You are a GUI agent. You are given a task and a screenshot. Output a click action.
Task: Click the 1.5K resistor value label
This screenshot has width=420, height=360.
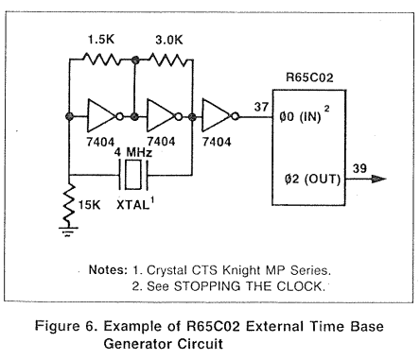tap(101, 40)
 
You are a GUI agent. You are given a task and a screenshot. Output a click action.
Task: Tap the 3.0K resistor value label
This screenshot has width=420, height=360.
tap(169, 40)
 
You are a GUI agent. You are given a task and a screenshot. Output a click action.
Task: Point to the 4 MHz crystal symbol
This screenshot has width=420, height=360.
tap(133, 175)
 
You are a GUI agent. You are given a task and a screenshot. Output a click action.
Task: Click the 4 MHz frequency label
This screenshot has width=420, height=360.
tap(133, 152)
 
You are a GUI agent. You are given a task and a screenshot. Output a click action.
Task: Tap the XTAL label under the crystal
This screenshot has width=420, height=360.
tap(133, 205)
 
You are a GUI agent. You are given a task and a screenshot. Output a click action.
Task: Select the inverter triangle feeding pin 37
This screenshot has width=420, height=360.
tap(218, 115)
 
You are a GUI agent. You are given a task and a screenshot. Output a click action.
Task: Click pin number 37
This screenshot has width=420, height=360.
tap(261, 107)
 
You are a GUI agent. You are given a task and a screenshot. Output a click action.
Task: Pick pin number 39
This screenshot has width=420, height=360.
tap(359, 168)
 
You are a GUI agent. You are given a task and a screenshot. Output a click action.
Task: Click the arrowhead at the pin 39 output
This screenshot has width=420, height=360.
tap(379, 180)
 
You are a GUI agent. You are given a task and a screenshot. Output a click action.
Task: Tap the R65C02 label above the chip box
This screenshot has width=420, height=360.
tap(309, 77)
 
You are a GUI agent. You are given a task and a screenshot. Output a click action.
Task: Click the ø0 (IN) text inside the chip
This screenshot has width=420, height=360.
tap(300, 117)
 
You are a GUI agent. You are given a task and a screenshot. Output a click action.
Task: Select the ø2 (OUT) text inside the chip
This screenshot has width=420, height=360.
tap(312, 180)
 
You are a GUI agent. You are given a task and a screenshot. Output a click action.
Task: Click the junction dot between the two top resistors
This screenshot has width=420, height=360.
tap(135, 60)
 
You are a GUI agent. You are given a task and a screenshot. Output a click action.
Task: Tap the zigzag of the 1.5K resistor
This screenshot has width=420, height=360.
tap(101, 60)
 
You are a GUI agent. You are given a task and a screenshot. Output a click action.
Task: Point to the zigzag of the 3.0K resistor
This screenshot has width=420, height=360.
tap(167, 60)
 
